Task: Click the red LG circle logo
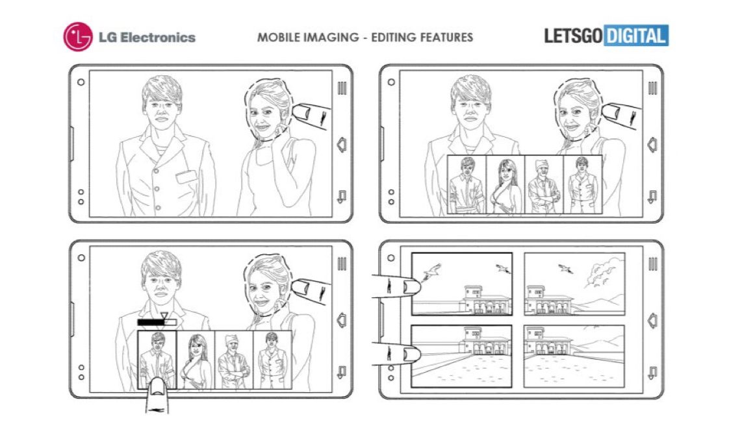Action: coord(77,37)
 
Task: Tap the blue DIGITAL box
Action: coord(636,35)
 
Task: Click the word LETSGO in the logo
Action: coord(573,36)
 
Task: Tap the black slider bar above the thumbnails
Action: coord(157,322)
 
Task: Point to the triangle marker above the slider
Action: coord(164,316)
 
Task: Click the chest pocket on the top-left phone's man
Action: coord(186,177)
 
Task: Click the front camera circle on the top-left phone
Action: coord(81,82)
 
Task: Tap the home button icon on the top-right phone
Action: coord(652,145)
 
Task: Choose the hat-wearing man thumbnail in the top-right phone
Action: coord(544,185)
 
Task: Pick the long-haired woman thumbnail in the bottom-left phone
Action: coord(196,360)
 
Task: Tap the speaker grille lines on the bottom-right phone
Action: coord(652,264)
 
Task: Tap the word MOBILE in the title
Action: coord(279,37)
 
